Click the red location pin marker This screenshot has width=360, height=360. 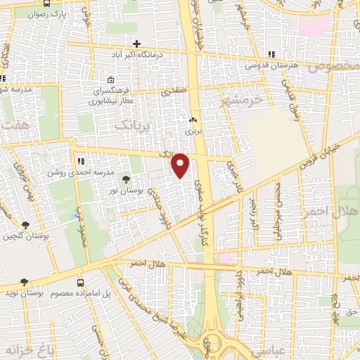pos(181,165)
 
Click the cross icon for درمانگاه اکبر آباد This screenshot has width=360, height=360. pos(136,44)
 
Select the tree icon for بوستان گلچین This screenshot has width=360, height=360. pos(26,225)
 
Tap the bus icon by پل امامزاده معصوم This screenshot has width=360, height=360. pos(79,282)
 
